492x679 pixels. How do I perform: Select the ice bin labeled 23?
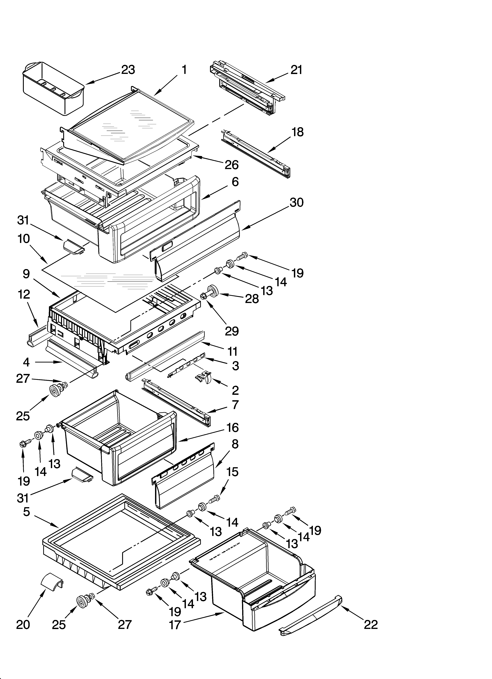tap(53, 89)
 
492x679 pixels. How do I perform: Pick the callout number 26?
tap(232, 165)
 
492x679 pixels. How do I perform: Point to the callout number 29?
tap(232, 331)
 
